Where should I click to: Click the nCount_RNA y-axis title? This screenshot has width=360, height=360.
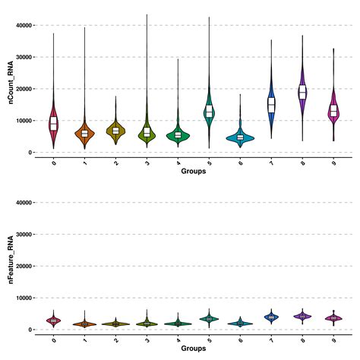pyautogui.click(x=11, y=89)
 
